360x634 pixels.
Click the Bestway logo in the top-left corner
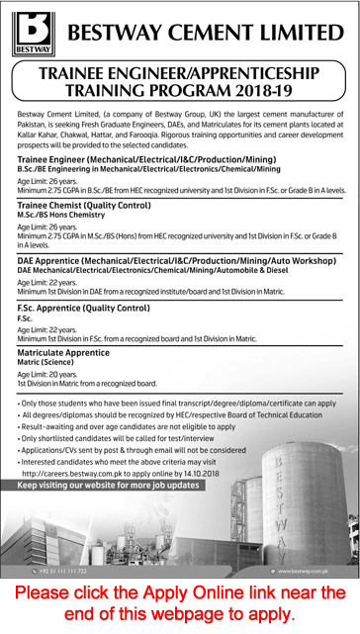[x=31, y=34]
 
